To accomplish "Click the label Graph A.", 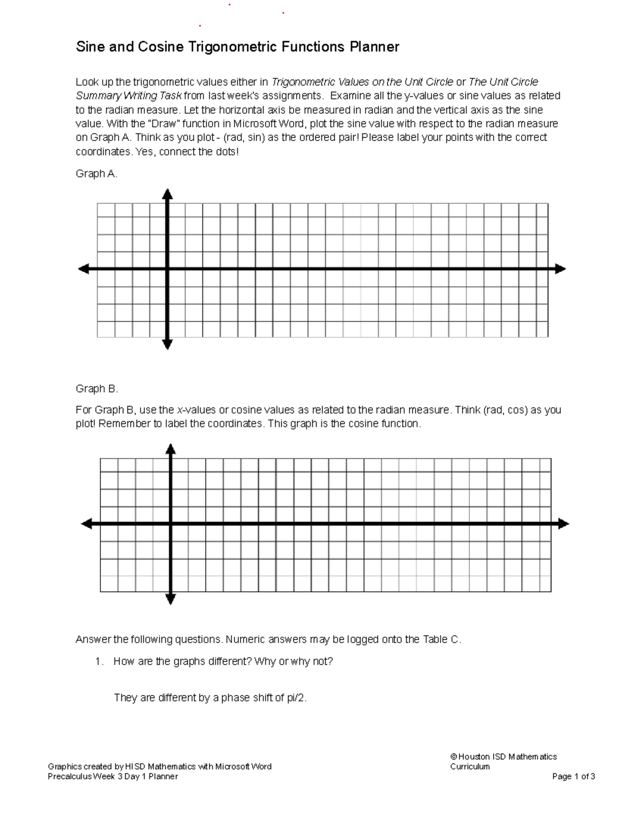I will tap(96, 174).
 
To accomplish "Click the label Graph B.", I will tap(97, 389).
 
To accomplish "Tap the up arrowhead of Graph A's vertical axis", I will tap(167, 194).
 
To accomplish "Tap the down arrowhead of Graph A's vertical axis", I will tap(167, 344).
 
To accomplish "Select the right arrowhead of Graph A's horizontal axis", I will tap(560, 269).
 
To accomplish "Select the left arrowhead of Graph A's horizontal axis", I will tap(84, 269).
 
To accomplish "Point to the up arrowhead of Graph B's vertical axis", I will tap(171, 449).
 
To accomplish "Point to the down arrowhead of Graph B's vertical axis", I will tap(171, 599).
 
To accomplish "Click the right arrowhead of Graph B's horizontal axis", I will tap(563, 524).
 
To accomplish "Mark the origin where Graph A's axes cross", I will tap(167, 269).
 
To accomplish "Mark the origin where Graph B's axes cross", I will tap(171, 524).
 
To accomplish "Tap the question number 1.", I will tap(98, 662).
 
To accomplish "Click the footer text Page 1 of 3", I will tap(573, 776).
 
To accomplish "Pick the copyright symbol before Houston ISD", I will tap(453, 757).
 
